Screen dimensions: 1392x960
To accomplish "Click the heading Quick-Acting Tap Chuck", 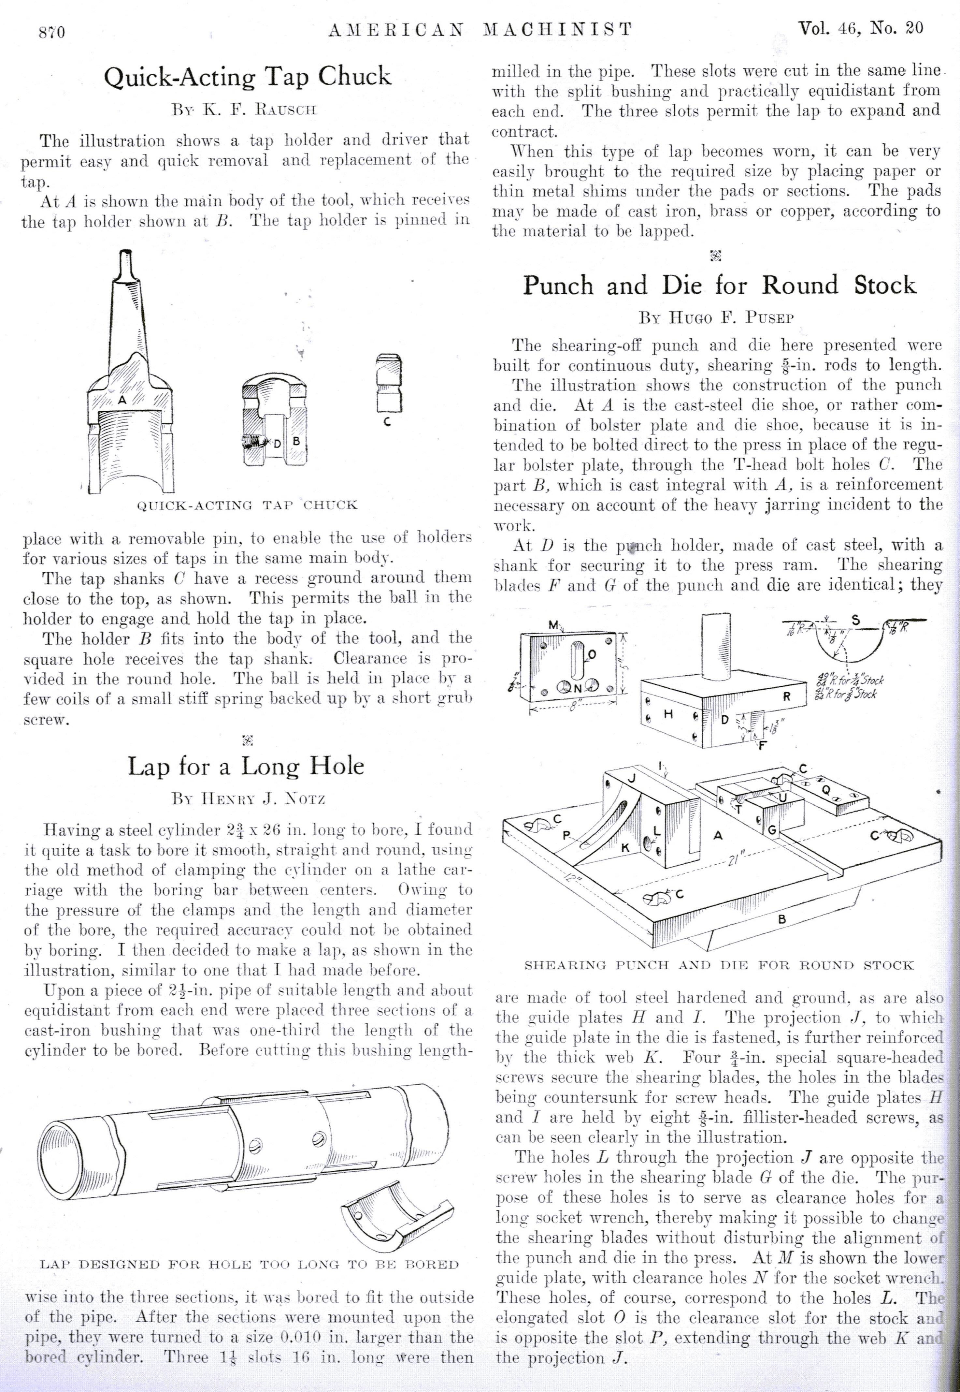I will pyautogui.click(x=247, y=77).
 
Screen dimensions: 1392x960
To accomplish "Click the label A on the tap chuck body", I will pyautogui.click(x=122, y=400).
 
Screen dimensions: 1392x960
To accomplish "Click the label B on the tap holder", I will pyautogui.click(x=296, y=441).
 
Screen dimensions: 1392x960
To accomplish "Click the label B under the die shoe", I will pyautogui.click(x=781, y=919).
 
